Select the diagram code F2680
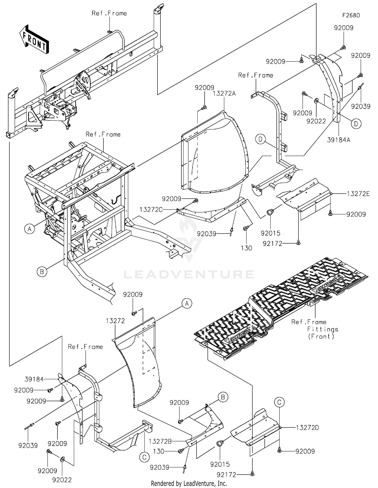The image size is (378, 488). click(x=351, y=15)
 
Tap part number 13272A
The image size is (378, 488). click(x=224, y=94)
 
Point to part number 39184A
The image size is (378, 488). click(x=339, y=140)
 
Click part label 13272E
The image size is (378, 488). click(x=358, y=194)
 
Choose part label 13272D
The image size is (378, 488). click(x=307, y=428)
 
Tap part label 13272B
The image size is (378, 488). click(x=160, y=441)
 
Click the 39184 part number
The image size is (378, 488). click(x=34, y=379)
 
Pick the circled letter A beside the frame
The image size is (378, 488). click(x=30, y=229)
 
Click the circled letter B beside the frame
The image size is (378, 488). click(x=42, y=272)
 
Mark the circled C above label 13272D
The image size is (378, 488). click(x=279, y=402)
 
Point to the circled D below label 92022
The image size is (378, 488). click(x=356, y=124)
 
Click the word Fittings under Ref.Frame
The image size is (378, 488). click(x=323, y=329)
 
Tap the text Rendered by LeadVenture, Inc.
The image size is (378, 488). click(x=189, y=483)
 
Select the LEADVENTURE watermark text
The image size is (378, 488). click(x=189, y=274)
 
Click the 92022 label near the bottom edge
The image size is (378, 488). click(x=62, y=480)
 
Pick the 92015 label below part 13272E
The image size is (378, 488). click(x=270, y=233)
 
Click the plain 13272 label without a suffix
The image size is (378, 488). click(x=115, y=321)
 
